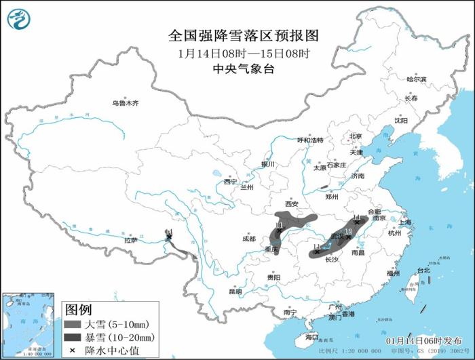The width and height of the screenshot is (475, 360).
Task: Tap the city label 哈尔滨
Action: pyautogui.click(x=416, y=80)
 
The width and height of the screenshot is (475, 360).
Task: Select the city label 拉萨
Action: pyautogui.click(x=130, y=240)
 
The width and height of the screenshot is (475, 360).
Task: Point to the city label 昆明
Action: pyautogui.click(x=234, y=292)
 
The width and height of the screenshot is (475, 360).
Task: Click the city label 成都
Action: pyautogui.click(x=249, y=239)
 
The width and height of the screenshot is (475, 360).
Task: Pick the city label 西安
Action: pyautogui.click(x=292, y=203)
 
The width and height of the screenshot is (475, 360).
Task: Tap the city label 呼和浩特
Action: pyautogui.click(x=311, y=140)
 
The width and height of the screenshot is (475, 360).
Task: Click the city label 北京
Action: pyautogui.click(x=356, y=136)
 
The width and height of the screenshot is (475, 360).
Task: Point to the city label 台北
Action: pyautogui.click(x=423, y=271)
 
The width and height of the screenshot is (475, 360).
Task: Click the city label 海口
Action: pyautogui.click(x=311, y=337)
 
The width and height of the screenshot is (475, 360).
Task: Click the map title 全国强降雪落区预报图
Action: pyautogui.click(x=237, y=35)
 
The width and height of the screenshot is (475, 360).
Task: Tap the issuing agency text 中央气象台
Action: pyautogui.click(x=237, y=68)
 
